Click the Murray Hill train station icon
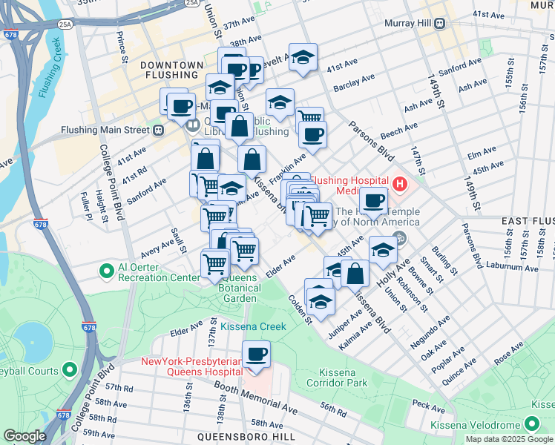point(439,23)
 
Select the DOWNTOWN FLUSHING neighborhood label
point(171,71)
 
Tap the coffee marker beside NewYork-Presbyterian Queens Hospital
point(256,355)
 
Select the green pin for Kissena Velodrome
point(531,423)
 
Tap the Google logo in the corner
point(24,436)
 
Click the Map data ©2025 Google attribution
point(509,439)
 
